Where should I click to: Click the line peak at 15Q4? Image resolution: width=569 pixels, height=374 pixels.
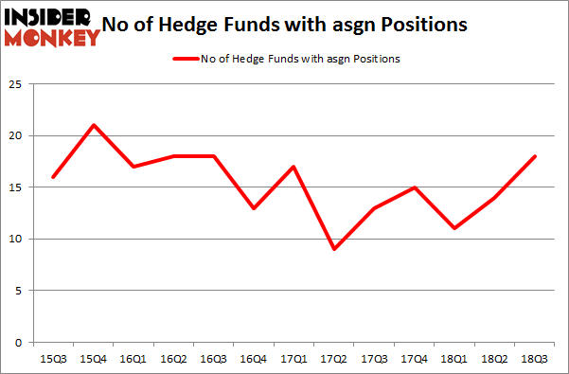tap(94, 125)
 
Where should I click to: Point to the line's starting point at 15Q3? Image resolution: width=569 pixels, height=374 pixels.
tap(53, 177)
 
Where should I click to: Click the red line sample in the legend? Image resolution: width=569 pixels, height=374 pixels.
tap(185, 59)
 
